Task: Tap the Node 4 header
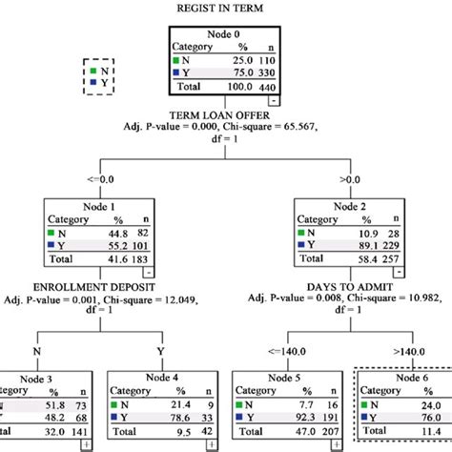click(x=162, y=377)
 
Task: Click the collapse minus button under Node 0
click(x=274, y=99)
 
